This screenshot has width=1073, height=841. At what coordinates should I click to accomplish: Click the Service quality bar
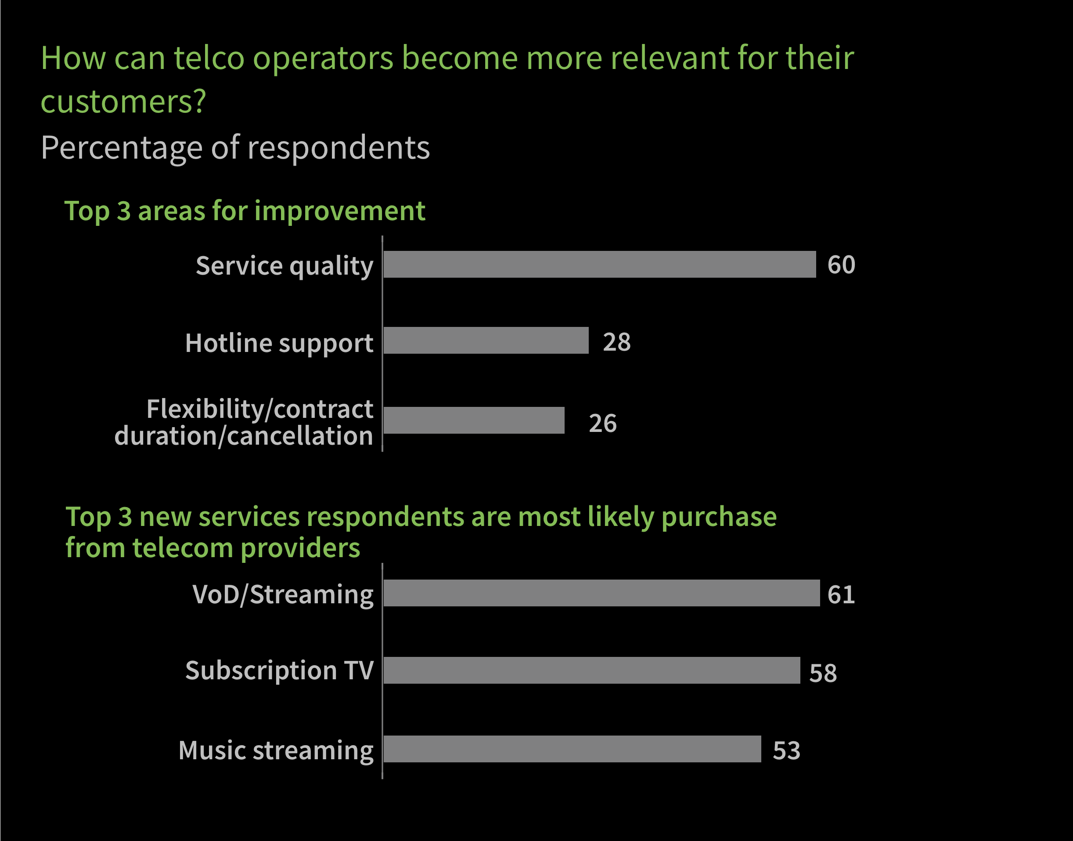599,265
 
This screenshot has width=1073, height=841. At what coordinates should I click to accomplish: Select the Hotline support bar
486,340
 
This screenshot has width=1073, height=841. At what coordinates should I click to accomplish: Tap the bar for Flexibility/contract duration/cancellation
474,420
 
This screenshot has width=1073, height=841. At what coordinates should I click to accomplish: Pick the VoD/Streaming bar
601,593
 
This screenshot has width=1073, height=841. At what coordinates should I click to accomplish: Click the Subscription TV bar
591,670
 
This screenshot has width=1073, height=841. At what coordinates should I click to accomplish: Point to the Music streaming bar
572,749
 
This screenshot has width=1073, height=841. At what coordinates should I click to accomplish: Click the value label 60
841,265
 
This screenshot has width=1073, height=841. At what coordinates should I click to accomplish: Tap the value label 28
616,342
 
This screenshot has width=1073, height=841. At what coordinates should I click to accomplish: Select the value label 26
603,423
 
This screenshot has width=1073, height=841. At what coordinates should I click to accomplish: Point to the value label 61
841,594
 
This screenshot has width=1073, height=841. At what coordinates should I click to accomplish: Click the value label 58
823,673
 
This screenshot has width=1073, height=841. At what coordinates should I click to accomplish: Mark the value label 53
786,750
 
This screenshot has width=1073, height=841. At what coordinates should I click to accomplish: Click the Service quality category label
284,266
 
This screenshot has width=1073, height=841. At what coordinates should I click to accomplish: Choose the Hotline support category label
279,343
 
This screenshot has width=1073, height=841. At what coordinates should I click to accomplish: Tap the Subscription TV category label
279,671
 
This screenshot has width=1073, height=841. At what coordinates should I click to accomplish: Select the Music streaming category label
276,750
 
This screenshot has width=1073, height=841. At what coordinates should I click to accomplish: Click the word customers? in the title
123,101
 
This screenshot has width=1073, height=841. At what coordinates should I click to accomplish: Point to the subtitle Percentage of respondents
235,147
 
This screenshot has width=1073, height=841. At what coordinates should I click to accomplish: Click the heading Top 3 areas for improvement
245,211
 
